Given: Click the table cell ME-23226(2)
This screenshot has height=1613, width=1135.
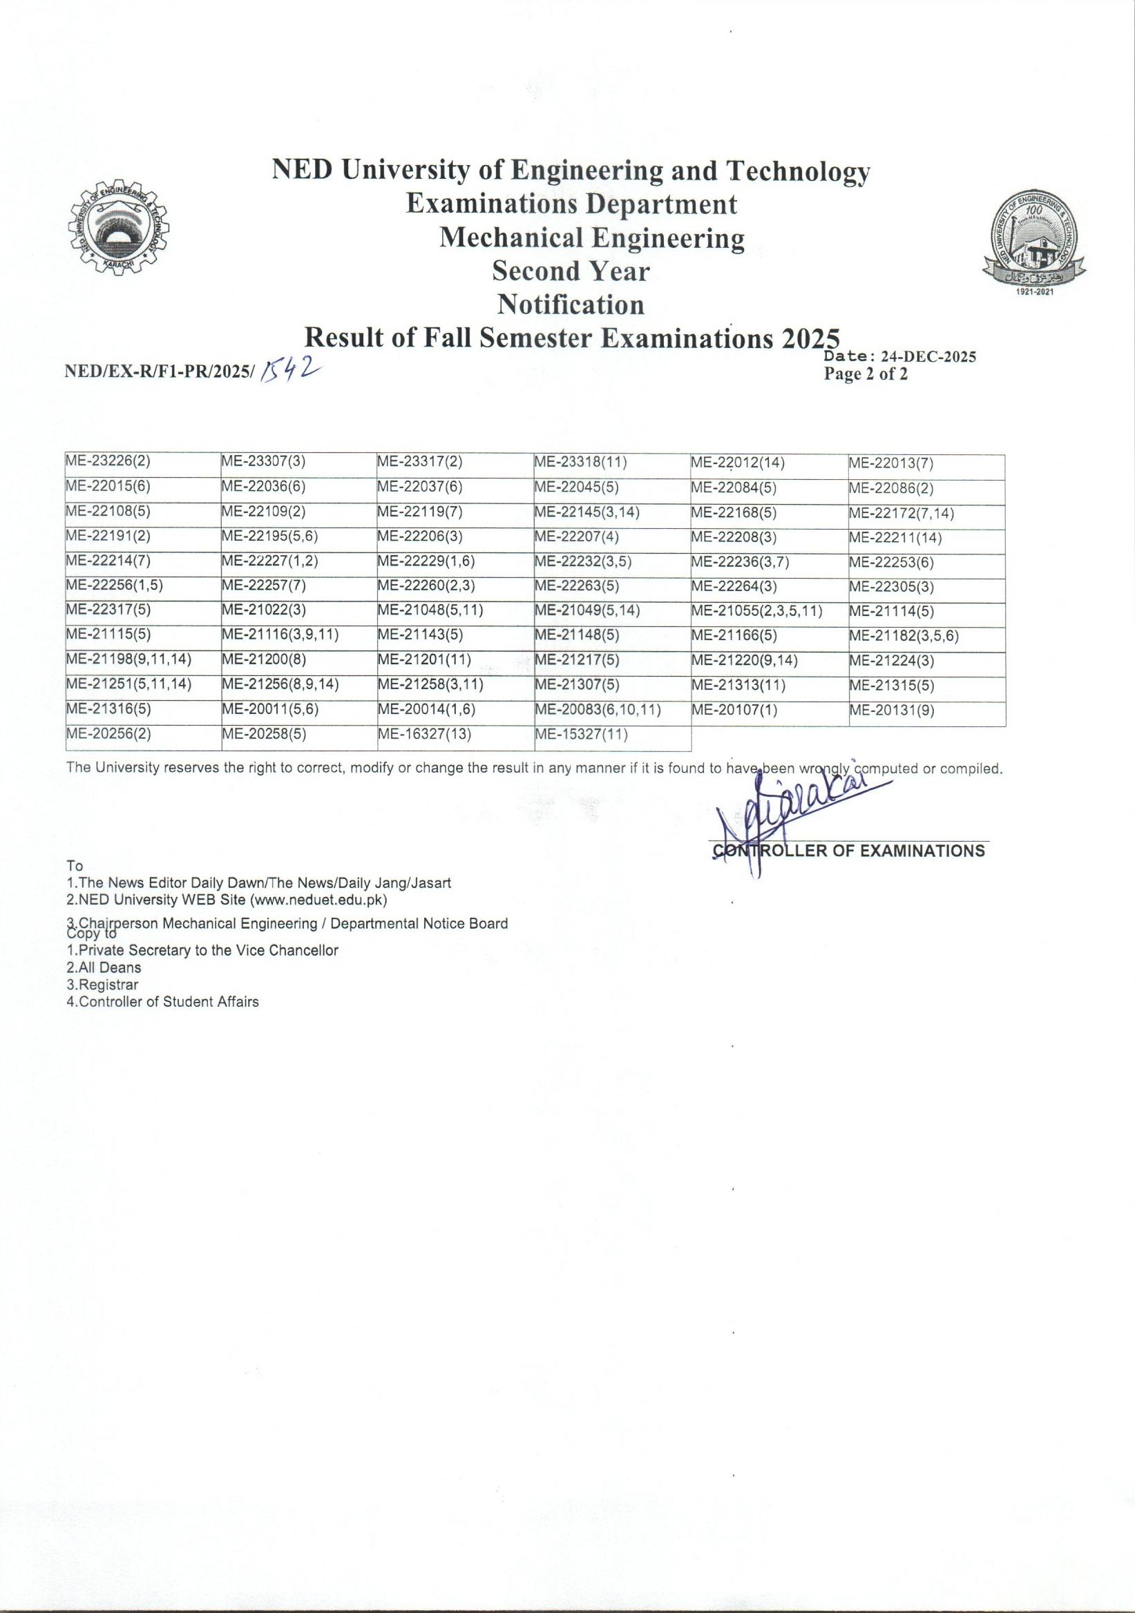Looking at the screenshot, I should coord(108,462).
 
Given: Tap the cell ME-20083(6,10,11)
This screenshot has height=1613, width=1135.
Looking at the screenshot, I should coord(598,711).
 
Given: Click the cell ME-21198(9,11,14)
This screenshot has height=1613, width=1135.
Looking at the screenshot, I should coord(128,660).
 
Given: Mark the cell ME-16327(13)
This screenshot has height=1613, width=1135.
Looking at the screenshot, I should coord(423,735).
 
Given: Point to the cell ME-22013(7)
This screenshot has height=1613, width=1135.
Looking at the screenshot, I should coord(890,463).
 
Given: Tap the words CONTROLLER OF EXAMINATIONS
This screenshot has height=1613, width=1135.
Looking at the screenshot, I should coord(849,851).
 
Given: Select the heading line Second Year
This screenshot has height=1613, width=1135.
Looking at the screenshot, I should coord(571,271).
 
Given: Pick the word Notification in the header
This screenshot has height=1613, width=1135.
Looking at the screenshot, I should coord(571,305).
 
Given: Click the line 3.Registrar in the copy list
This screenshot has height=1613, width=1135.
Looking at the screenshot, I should coord(103,985).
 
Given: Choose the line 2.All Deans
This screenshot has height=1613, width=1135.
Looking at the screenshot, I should coord(104,967).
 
